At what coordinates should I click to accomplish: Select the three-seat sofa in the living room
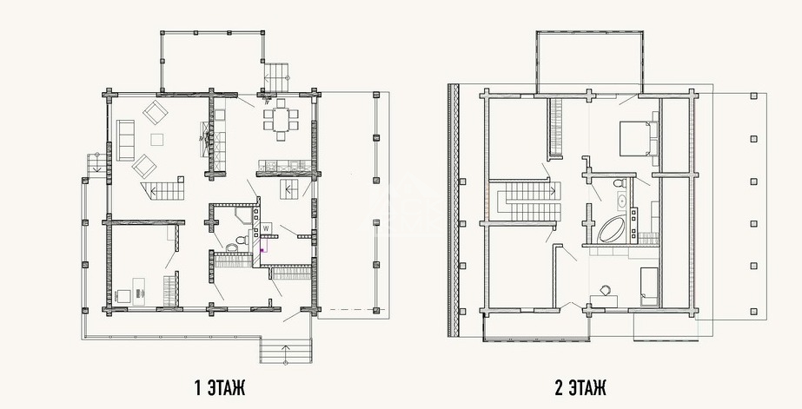125,140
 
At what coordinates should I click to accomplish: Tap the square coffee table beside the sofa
157,139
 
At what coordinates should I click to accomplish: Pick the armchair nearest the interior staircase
144,166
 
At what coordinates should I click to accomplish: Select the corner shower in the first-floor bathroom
243,215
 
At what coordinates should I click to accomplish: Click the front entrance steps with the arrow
285,350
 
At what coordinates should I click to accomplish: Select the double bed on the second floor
637,138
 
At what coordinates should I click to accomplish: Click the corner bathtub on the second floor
611,229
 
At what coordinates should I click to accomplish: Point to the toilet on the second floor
619,182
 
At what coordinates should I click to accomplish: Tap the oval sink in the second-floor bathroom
622,201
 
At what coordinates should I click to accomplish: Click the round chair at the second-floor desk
605,290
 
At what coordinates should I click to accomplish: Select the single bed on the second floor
648,286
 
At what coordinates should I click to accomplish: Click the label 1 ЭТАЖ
221,388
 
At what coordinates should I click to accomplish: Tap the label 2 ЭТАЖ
580,388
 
